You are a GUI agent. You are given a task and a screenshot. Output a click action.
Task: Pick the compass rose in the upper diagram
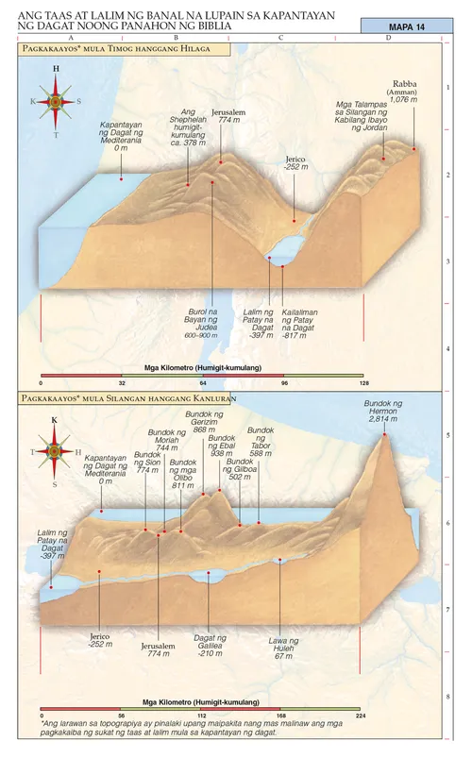click(x=56, y=101)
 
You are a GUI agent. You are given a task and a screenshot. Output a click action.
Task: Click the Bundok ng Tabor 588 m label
click(x=261, y=442)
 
